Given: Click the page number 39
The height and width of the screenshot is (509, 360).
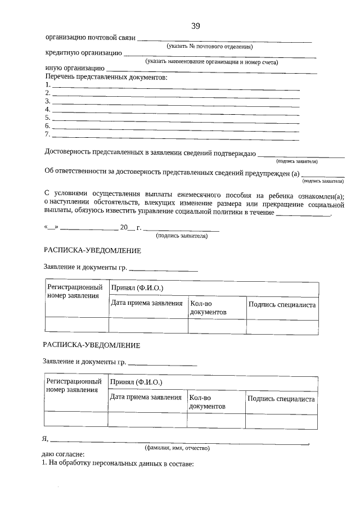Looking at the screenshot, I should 195,26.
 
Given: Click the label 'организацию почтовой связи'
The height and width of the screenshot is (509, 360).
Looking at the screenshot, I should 90,38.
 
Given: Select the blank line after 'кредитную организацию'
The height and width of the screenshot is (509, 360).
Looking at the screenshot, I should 219,56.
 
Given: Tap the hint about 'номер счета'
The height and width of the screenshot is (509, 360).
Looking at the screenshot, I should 211,62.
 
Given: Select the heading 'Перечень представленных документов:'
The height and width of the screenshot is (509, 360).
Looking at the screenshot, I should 106,76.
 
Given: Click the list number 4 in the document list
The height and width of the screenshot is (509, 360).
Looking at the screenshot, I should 48,110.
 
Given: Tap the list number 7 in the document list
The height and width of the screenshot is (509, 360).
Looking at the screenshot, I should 48,135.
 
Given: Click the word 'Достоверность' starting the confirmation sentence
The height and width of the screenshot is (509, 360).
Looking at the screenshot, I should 69,153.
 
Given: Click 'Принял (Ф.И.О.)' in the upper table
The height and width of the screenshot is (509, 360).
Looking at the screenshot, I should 137,287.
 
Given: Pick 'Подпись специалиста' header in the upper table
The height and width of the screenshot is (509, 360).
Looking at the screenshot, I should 281,304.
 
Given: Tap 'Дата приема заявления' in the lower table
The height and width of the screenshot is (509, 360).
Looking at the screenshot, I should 146,397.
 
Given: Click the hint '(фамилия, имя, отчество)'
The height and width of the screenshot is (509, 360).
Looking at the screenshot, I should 177,448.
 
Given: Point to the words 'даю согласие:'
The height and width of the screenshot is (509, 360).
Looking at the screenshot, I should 63,455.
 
